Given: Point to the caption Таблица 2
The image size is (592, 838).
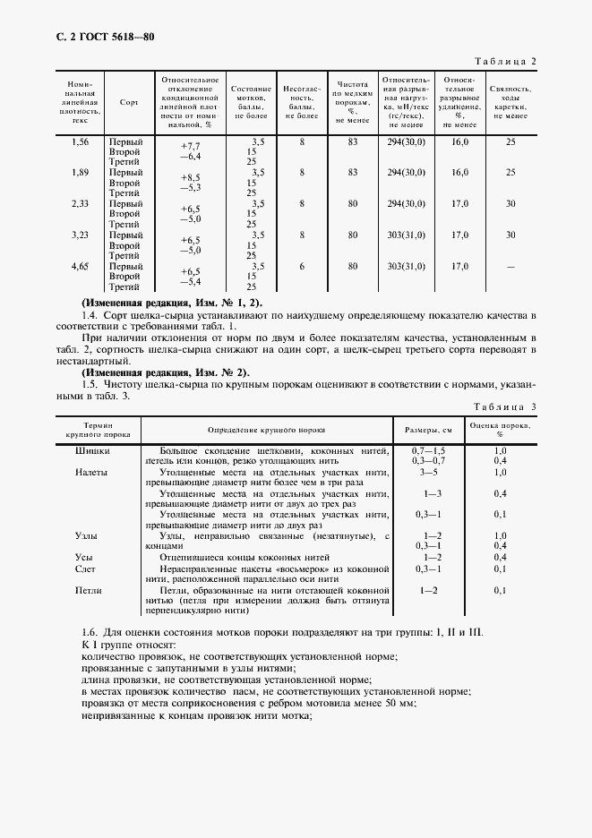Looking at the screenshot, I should pyautogui.click(x=505, y=61).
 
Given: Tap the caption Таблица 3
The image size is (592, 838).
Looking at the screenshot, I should pyautogui.click(x=504, y=406).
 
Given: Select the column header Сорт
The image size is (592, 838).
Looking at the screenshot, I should pyautogui.click(x=129, y=101).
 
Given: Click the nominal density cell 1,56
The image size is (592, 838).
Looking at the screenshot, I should pyautogui.click(x=80, y=141).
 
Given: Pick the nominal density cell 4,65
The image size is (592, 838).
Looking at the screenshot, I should pyautogui.click(x=80, y=266).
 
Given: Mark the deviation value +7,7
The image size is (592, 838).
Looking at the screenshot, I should pyautogui.click(x=190, y=146).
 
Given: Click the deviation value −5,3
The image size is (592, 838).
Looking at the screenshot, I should pyautogui.click(x=190, y=187).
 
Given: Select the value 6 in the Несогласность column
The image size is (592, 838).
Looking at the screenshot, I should pyautogui.click(x=302, y=266).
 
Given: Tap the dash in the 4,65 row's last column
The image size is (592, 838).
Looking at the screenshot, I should pyautogui.click(x=510, y=266).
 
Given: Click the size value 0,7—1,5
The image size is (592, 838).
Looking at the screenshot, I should pyautogui.click(x=428, y=449).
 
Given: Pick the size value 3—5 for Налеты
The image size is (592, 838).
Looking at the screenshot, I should pyautogui.click(x=428, y=472).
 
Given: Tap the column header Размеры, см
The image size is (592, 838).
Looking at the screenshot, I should pyautogui.click(x=428, y=429).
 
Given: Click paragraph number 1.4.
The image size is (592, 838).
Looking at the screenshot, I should pyautogui.click(x=89, y=315).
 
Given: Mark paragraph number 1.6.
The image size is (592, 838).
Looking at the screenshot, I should pyautogui.click(x=89, y=632).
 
